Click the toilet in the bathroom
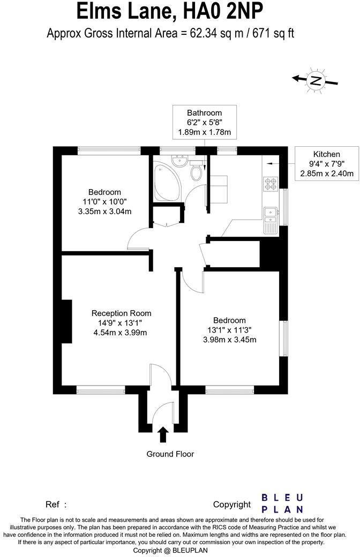click(x=197, y=172)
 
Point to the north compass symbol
click(x=316, y=81)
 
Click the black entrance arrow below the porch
click(x=163, y=434)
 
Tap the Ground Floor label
click(x=170, y=454)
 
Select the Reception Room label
click(x=121, y=313)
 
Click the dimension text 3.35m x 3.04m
click(x=104, y=211)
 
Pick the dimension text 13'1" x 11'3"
click(x=229, y=330)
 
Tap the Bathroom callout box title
click(x=204, y=113)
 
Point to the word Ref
click(x=52, y=505)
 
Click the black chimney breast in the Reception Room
click(x=66, y=321)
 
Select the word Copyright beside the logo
click(x=232, y=505)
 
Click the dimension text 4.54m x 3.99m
click(x=120, y=333)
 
